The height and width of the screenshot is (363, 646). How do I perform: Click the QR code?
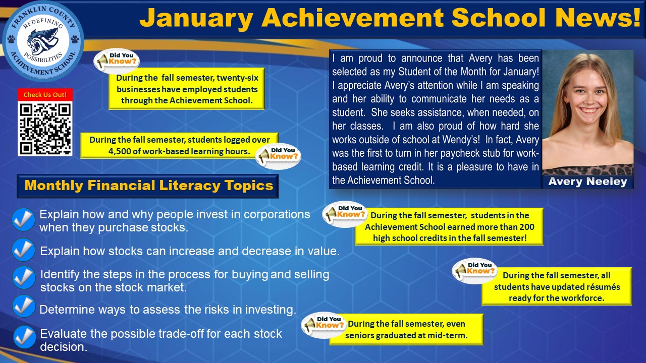45,129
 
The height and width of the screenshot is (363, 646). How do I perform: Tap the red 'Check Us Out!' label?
45,95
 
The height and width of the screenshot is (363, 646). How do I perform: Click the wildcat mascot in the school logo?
43,41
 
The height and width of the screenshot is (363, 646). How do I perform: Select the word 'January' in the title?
197,18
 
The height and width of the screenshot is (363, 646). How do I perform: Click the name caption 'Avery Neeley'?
588,181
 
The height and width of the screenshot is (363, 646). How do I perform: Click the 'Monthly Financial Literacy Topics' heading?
149,185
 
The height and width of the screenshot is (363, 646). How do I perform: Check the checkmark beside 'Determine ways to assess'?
24,306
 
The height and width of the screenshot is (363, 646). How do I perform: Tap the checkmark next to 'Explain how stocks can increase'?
24,250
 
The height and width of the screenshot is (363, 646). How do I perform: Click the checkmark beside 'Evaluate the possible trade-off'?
25,337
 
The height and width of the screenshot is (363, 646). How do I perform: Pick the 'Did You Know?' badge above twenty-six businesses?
117,60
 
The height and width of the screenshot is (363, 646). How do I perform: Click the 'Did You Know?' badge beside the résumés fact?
475,270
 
